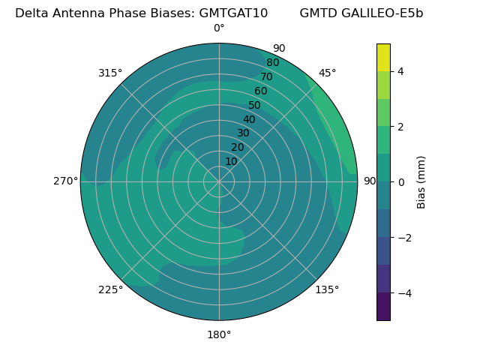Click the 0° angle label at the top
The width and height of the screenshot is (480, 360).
pos(219,28)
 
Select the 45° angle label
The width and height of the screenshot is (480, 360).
pos(328,73)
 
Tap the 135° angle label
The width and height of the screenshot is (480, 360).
pos(327,289)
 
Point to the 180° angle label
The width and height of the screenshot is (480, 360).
pos(219,334)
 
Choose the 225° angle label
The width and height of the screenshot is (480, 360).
pos(110,289)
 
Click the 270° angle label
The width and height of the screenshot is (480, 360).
pos(66,181)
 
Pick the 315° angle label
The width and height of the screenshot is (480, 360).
pos(110,73)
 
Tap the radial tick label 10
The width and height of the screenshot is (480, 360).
pos(231,161)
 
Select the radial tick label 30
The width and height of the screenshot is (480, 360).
pos(243,133)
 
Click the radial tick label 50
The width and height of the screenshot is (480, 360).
pos(255,106)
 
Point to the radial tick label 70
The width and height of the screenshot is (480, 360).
pos(267,76)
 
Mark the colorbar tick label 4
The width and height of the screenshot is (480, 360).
pos(401,71)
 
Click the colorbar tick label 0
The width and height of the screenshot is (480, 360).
pos(401,181)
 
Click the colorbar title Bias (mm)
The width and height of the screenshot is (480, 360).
pos(421,181)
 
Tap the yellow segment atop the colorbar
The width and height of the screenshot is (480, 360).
pos(383,57)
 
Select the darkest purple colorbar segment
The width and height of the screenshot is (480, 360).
pos(383,306)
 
